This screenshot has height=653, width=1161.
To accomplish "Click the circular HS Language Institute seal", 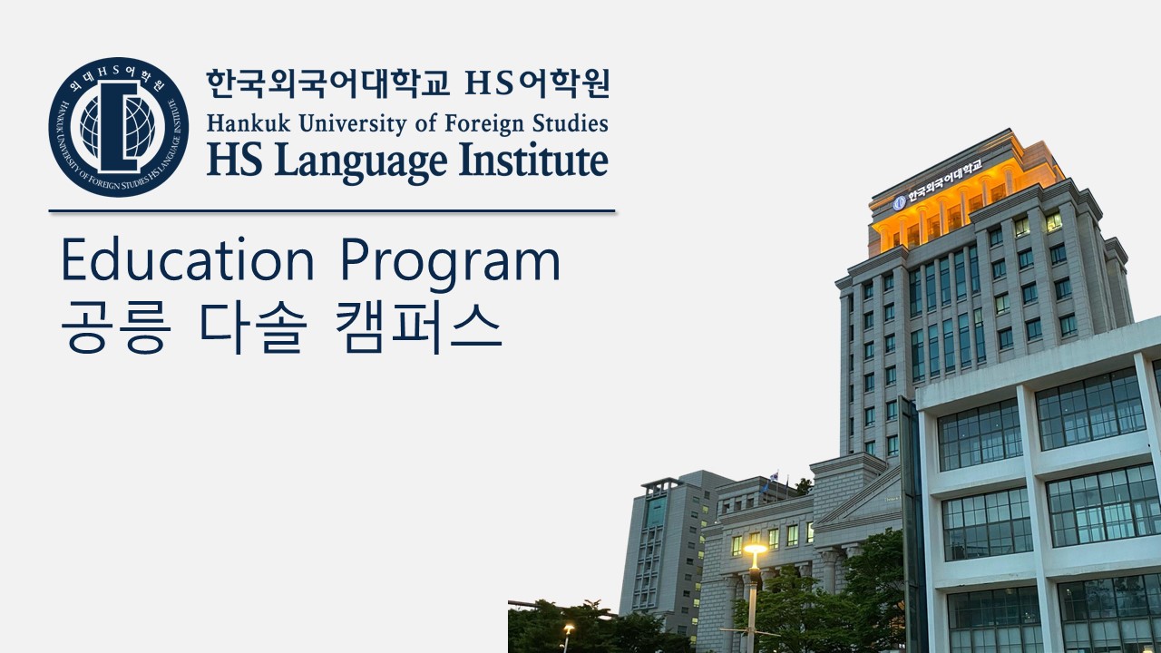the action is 119,127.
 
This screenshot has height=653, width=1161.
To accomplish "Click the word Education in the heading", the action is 188,259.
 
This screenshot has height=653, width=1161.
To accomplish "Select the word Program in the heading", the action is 451,264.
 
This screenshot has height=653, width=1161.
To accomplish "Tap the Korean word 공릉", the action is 116,328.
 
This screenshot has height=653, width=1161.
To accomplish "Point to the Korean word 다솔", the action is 252,328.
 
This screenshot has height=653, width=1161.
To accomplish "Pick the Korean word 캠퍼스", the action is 419,328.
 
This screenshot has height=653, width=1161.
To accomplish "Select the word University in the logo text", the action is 353,125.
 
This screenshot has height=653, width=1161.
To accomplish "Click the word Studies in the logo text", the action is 571,124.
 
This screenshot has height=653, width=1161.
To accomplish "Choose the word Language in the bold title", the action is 361,162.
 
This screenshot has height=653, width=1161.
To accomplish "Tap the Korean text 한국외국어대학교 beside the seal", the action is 327,83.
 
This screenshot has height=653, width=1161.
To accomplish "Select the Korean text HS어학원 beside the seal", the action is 538,83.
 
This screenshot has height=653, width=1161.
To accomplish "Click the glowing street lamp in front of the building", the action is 756,549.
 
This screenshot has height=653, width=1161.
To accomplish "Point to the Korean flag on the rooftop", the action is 774,476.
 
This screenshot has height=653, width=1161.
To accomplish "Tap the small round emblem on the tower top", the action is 899,202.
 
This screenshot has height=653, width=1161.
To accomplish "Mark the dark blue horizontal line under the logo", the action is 332,211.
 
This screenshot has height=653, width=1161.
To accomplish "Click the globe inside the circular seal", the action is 118,128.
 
